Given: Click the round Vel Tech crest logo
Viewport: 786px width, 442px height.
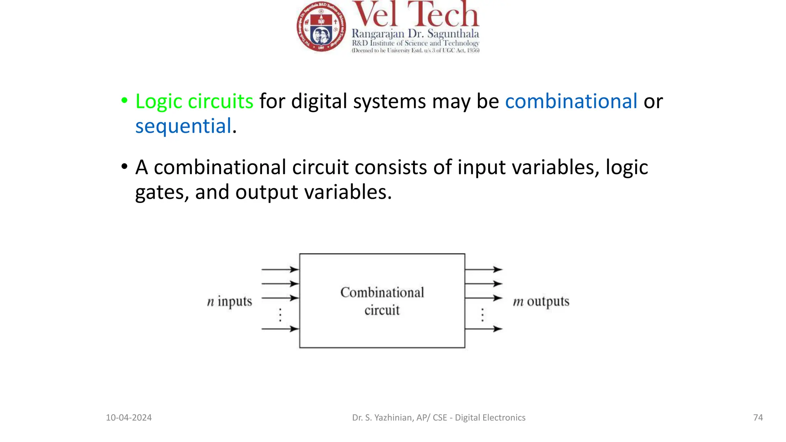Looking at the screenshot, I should (321, 26).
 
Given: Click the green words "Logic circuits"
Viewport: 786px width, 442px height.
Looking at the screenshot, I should (194, 101).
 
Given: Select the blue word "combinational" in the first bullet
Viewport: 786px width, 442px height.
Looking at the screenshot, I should (571, 101).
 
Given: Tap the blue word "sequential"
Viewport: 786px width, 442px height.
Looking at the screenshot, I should (183, 126).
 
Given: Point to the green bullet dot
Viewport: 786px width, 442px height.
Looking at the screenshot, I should (124, 101).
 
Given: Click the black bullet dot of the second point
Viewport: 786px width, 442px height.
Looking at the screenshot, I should (124, 167).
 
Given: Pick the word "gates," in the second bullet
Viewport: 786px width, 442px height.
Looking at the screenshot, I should (162, 192).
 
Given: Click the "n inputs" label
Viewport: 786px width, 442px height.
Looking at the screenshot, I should (230, 302).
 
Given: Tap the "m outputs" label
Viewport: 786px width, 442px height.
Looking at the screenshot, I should (541, 302).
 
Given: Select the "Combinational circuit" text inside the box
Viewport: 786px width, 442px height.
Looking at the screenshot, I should (382, 301).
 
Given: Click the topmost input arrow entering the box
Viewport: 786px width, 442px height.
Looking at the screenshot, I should (280, 269).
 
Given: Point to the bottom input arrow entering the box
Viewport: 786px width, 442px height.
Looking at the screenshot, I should (280, 329).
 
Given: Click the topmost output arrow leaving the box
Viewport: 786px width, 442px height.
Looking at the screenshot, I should (484, 269).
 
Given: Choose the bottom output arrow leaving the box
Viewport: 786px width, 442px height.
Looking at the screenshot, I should (484, 329).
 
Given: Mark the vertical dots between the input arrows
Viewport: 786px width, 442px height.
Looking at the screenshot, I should (281, 315).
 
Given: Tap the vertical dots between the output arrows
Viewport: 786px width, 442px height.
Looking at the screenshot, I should (482, 315).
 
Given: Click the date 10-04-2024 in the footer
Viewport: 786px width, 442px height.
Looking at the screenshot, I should (129, 417).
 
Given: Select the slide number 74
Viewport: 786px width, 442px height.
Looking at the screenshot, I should (758, 417).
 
